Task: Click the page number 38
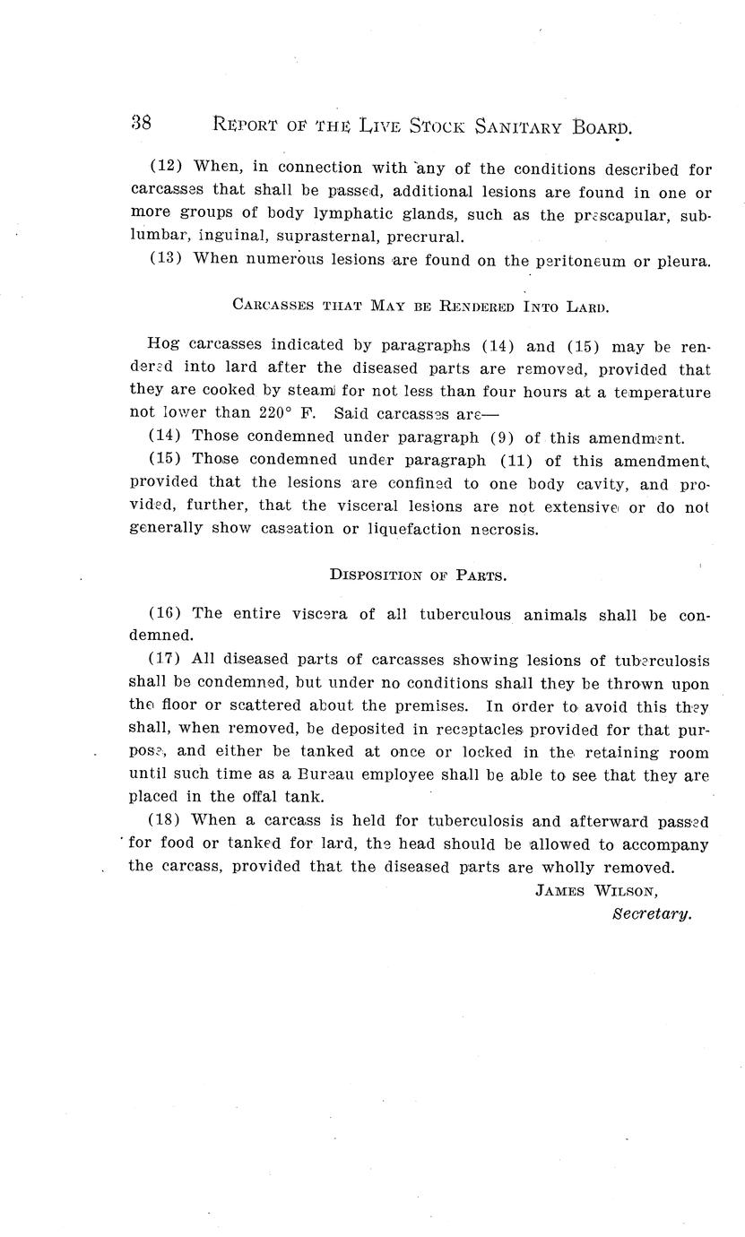click(x=141, y=124)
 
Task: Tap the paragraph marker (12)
click(x=166, y=168)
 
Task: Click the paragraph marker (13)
click(x=166, y=260)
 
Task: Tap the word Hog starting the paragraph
click(x=163, y=343)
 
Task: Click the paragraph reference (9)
click(x=502, y=437)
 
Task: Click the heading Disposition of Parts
click(x=419, y=575)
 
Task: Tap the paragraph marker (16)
click(x=166, y=614)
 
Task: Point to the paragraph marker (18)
click(x=166, y=820)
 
